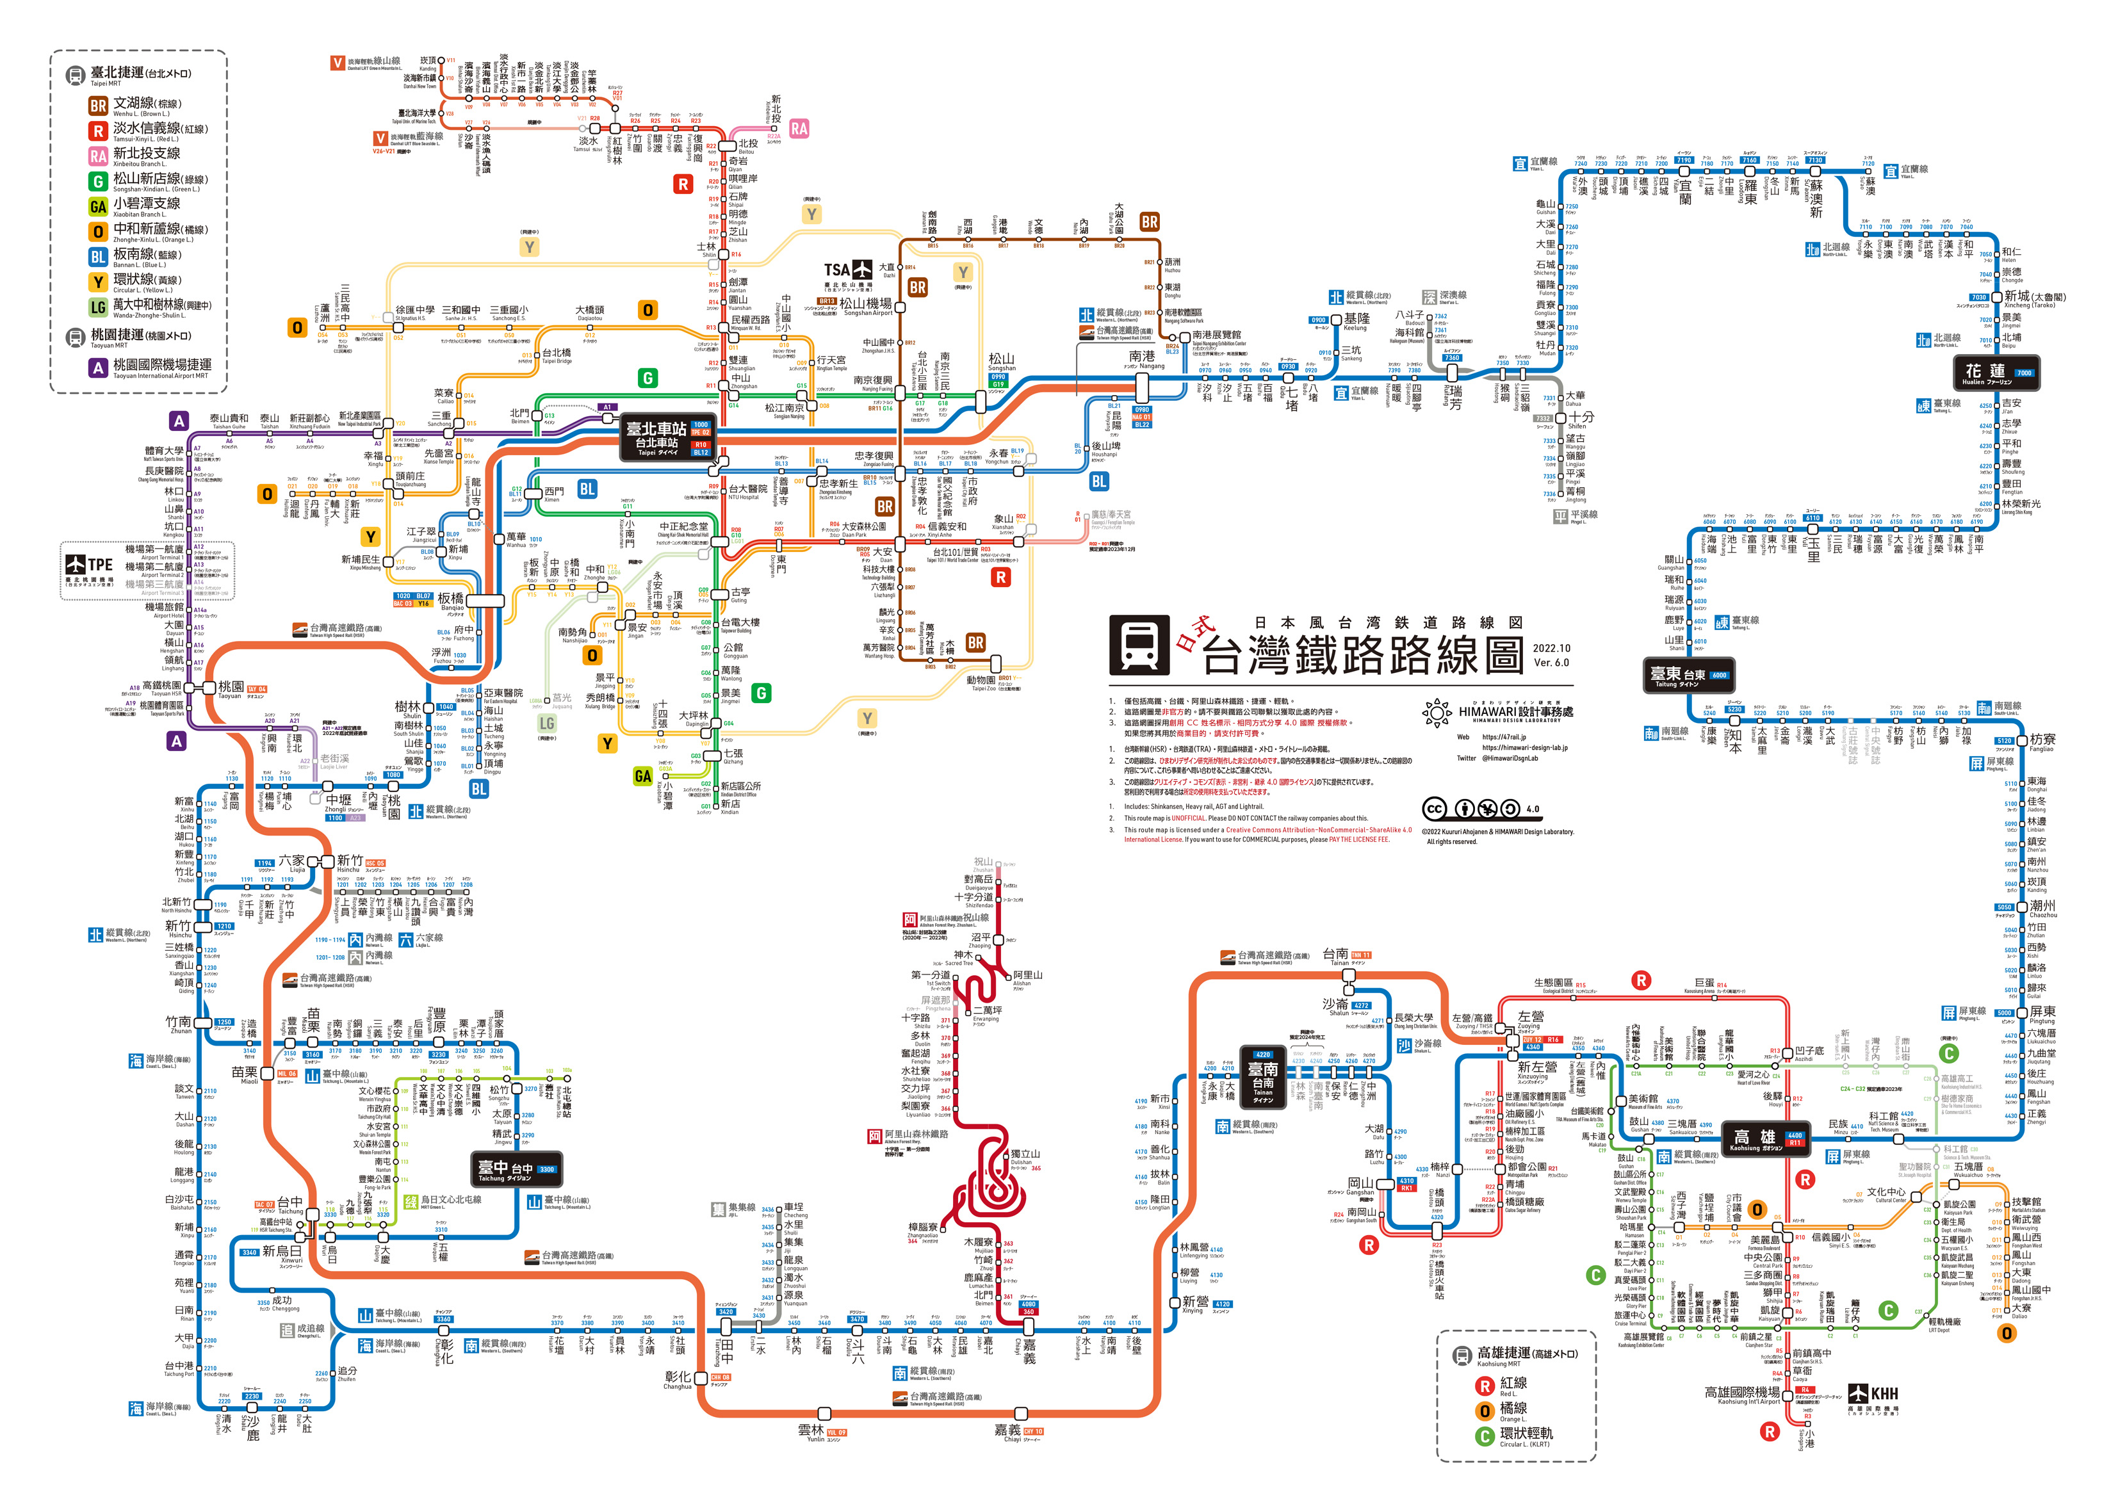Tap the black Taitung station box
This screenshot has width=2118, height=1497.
click(1688, 676)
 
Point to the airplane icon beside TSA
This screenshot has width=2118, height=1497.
click(861, 270)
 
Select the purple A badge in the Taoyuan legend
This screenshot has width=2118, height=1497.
click(98, 368)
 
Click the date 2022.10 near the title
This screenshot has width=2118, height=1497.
click(1551, 647)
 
